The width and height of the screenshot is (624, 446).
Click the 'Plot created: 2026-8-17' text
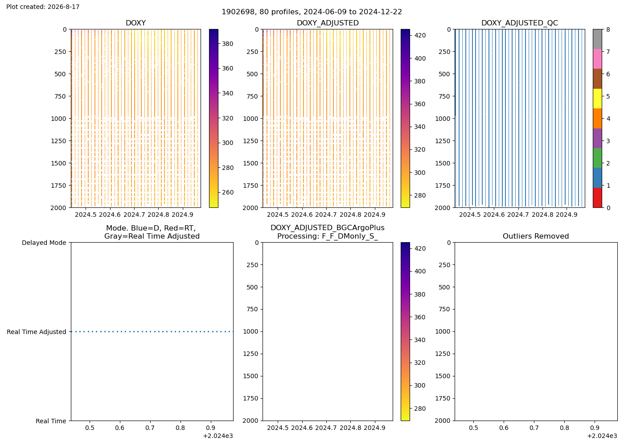[43, 7]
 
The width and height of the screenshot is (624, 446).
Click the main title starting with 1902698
[312, 12]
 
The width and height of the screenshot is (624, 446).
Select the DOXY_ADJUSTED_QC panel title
[520, 23]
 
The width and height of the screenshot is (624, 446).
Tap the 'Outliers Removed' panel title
[536, 236]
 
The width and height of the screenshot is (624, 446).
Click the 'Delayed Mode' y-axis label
[44, 243]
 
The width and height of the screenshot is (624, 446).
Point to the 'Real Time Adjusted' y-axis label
[37, 332]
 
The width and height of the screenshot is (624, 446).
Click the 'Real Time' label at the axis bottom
[51, 421]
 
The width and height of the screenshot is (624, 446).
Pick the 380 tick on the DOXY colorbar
[228, 44]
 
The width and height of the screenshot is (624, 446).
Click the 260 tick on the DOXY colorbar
[228, 192]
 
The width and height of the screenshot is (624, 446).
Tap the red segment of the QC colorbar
[597, 198]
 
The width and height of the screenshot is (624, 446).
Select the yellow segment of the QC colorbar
[597, 99]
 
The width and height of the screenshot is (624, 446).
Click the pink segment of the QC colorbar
[597, 59]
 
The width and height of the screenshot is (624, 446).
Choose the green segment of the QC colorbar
[597, 158]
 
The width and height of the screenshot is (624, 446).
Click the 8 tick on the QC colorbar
[608, 29]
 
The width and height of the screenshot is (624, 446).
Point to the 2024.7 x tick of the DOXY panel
[134, 215]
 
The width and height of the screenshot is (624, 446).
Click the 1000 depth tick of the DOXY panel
[58, 119]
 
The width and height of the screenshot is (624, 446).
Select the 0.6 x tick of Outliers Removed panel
[504, 428]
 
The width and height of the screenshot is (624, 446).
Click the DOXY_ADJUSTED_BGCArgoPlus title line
[328, 228]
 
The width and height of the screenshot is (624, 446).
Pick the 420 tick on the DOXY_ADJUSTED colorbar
[420, 35]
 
